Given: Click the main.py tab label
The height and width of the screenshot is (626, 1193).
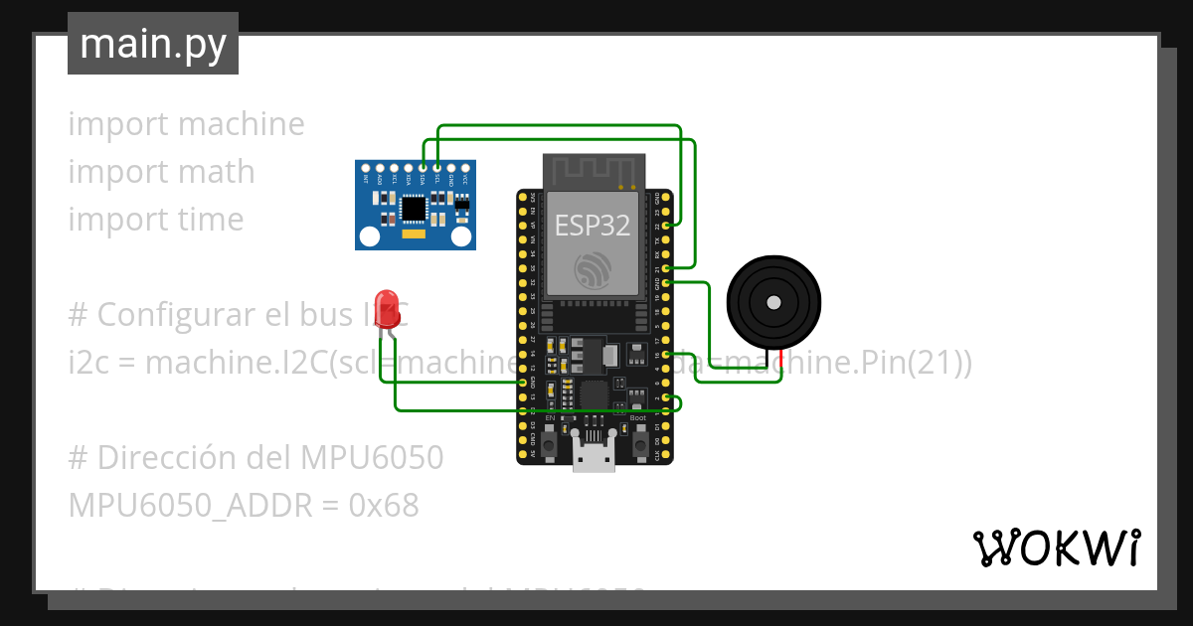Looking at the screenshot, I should (152, 44).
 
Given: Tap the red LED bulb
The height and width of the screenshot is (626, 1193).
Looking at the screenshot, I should (388, 309).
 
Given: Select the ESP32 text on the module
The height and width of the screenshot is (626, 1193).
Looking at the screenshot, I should (593, 226).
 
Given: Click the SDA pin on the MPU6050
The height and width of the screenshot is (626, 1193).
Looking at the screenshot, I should (424, 168).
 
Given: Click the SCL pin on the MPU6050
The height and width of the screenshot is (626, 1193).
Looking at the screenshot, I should (437, 168).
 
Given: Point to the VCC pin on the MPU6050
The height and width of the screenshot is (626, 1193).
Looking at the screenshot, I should (465, 168).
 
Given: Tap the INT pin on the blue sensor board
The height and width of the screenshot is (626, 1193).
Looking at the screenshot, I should (367, 168).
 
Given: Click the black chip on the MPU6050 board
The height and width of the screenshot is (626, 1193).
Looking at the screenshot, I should (413, 208).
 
